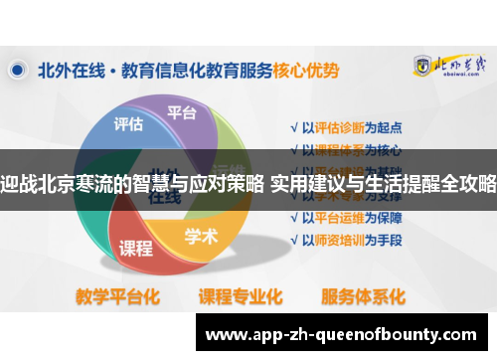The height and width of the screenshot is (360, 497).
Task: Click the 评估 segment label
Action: [x=128, y=124]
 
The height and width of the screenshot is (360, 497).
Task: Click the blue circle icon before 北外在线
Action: [x=18, y=71]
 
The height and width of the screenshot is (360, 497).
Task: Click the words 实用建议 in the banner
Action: [x=304, y=182]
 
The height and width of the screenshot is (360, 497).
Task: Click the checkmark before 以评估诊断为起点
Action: [x=293, y=128]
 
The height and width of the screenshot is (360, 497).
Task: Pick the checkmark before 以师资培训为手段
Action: [x=293, y=242]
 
